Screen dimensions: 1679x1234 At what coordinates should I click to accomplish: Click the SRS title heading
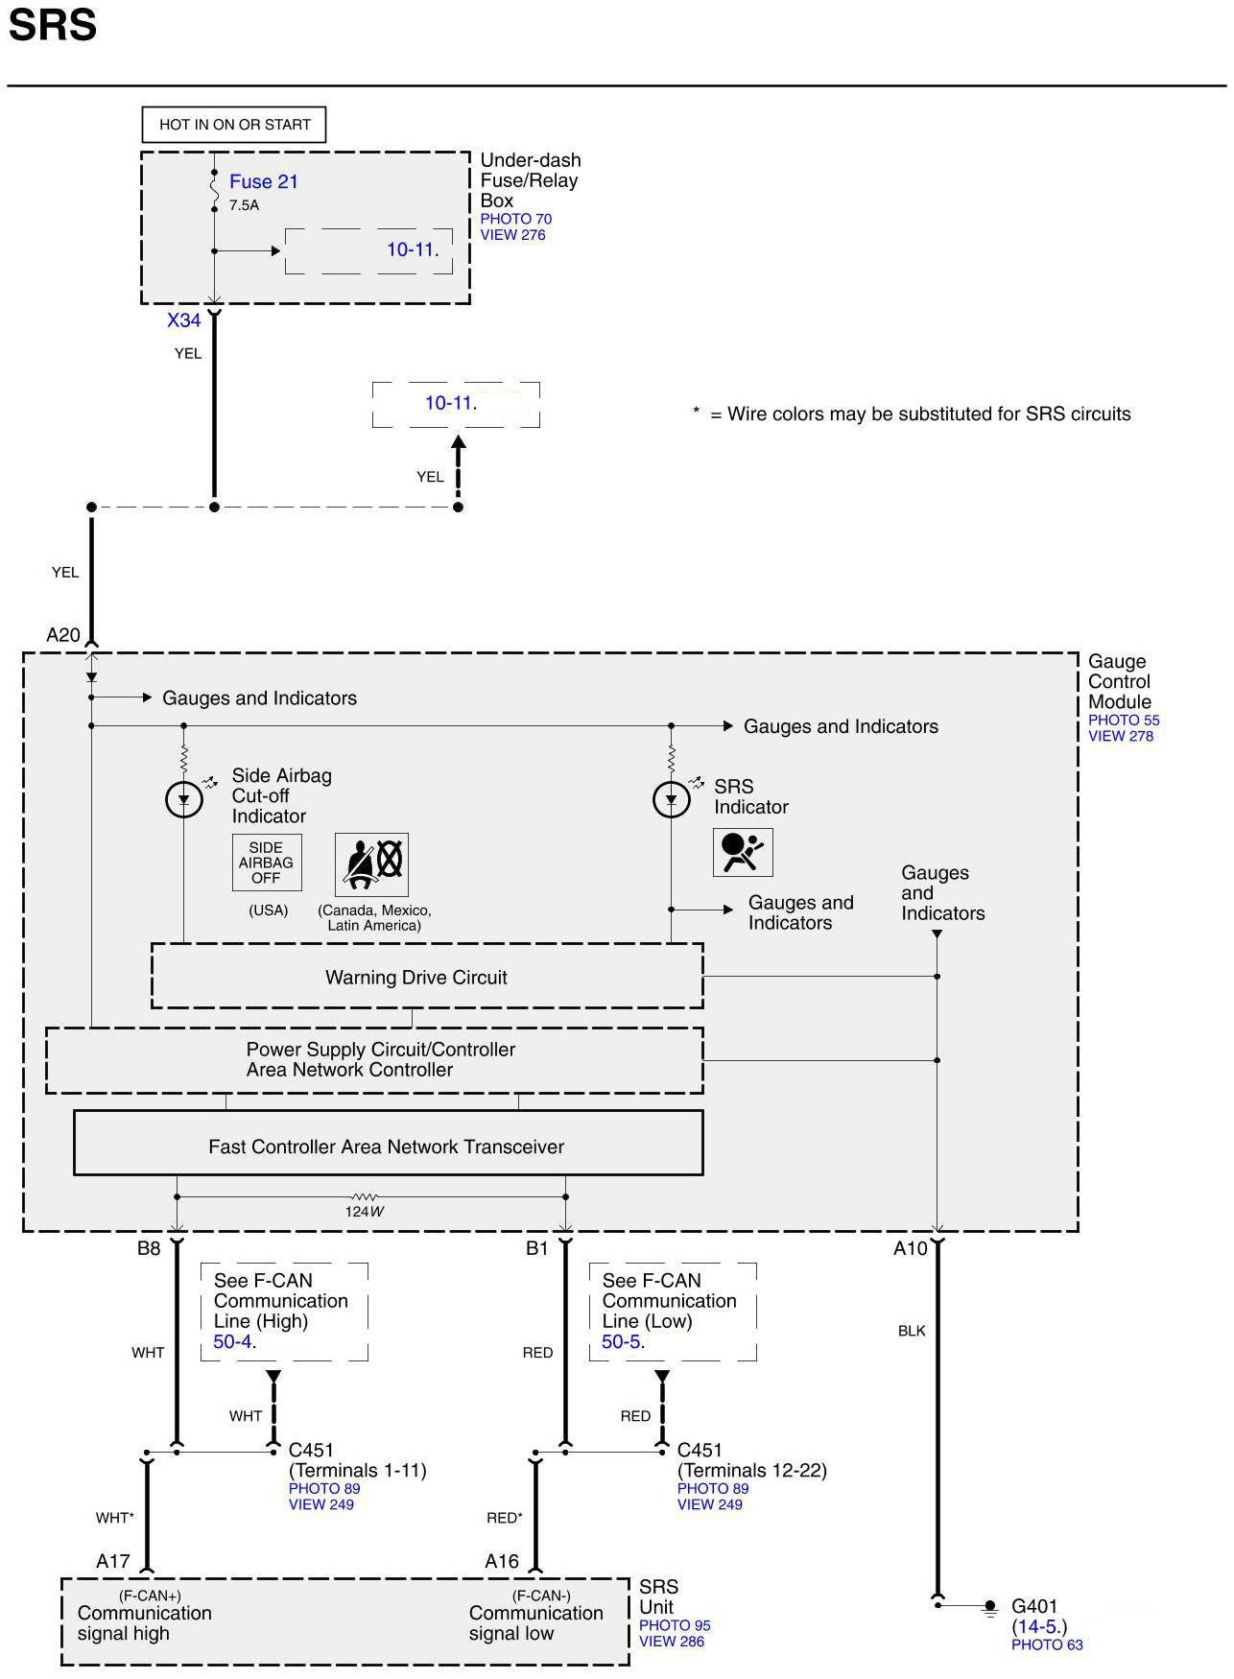53,25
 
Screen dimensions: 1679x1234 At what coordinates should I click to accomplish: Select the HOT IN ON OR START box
234,125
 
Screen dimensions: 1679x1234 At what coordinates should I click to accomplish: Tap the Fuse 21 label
263,181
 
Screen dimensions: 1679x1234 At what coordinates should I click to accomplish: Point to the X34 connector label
184,320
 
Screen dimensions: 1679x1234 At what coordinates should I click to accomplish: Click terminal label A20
63,635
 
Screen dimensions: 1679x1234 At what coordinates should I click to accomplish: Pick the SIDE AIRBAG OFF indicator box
266,863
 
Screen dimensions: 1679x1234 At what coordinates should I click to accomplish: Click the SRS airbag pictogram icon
743,852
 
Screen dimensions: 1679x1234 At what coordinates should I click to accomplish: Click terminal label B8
149,1248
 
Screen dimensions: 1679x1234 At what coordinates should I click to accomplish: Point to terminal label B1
536,1248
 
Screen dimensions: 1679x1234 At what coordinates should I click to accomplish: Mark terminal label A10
911,1248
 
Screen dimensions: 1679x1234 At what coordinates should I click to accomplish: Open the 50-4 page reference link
232,1341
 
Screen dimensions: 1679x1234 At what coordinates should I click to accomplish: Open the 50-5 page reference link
621,1341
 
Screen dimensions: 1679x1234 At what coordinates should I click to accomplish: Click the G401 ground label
1034,1606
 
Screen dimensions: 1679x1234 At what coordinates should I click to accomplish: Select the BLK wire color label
912,1331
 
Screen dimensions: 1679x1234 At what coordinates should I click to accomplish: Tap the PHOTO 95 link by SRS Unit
675,1625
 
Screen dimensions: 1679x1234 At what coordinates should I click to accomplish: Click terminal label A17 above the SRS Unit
112,1561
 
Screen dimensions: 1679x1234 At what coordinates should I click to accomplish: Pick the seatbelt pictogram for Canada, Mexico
371,863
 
